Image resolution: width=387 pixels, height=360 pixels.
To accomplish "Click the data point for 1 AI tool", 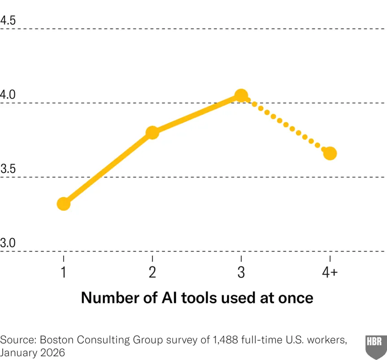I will click(64, 204).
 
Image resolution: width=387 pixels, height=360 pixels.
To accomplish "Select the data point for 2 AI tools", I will click(152, 133).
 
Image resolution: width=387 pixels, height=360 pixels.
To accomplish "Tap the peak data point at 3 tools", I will click(241, 95).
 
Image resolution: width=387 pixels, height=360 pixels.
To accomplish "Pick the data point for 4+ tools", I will click(330, 153).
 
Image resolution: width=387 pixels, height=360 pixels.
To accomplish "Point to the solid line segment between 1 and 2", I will click(108, 169).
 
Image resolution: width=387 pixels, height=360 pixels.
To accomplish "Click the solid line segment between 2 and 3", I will click(197, 114).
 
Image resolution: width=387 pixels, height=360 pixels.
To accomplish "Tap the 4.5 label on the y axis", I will click(8, 21).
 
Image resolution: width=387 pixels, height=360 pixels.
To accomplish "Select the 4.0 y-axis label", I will click(8, 95).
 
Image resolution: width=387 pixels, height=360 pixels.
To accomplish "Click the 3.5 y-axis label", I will click(8, 169).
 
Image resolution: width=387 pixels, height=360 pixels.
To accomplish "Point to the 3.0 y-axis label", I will click(8, 243).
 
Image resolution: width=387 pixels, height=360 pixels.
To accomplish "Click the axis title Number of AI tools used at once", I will click(197, 298).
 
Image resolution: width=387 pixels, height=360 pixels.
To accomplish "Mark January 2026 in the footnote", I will click(32, 352).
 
